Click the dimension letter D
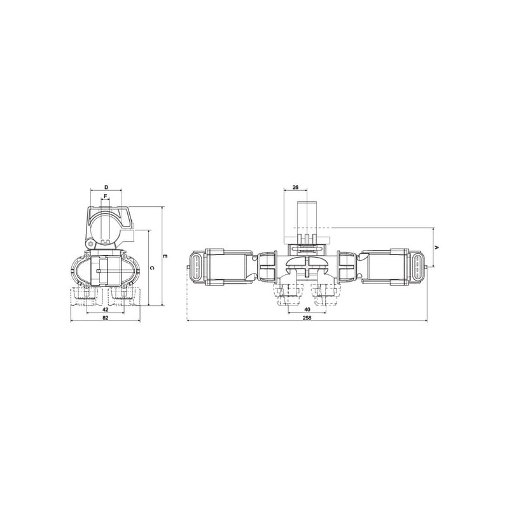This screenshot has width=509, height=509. [106, 187]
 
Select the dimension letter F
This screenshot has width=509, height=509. [105, 196]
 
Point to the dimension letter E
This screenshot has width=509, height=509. [165, 256]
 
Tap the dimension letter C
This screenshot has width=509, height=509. [152, 268]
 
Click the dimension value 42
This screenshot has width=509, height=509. [105, 310]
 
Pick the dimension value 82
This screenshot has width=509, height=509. [105, 317]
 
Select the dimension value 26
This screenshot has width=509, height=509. [295, 187]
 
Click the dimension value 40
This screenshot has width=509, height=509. [307, 309]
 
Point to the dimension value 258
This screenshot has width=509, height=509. [307, 317]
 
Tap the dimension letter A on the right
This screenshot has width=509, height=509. [437, 248]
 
